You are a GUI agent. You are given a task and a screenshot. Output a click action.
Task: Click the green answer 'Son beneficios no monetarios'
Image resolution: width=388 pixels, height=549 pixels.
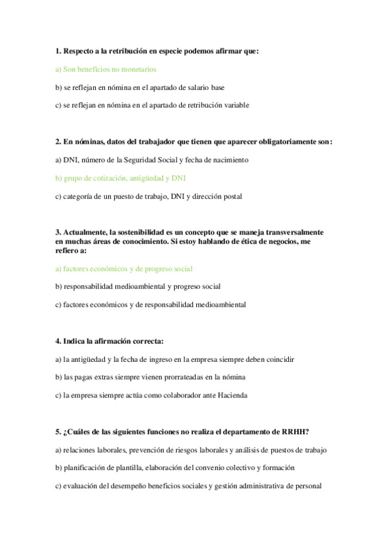(106, 69)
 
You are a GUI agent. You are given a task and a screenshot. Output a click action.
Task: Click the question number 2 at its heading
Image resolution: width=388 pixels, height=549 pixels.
(58, 141)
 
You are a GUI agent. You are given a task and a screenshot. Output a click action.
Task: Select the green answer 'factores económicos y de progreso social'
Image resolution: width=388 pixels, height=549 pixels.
(124, 268)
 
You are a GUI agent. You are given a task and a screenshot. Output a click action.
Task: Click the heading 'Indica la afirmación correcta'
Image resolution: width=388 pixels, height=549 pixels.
(113, 341)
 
